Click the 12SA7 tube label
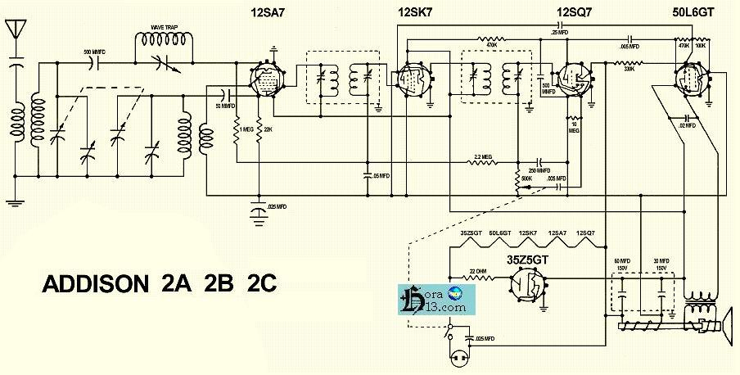pos(263,12)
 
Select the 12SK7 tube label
pos(413,12)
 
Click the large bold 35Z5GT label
pos(529,261)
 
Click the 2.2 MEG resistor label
pos(483,156)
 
